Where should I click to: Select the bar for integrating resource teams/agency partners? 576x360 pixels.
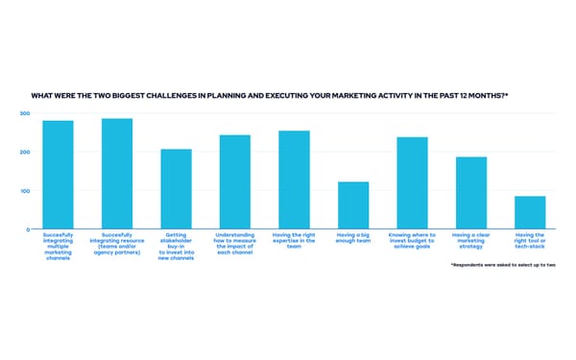coord(117,174)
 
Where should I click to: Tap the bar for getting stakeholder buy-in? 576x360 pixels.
coord(176,189)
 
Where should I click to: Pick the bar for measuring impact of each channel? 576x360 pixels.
coord(235,182)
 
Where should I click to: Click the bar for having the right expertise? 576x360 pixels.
coord(294,180)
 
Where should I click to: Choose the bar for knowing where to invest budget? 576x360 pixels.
coord(412,183)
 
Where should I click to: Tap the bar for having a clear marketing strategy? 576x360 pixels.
coord(471,193)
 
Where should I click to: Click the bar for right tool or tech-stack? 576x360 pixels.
coord(530,212)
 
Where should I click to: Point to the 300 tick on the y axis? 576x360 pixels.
coord(25,113)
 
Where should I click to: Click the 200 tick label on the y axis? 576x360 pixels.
coord(25,152)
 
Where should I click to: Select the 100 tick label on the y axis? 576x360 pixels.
coord(25,190)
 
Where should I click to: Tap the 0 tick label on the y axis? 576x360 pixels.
coord(28,228)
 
